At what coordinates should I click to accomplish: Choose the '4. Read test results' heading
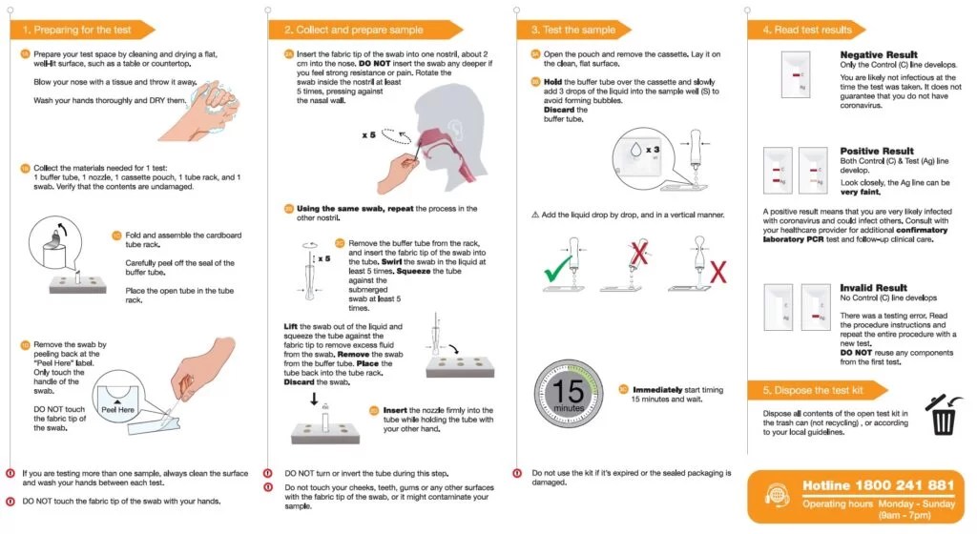[807, 30]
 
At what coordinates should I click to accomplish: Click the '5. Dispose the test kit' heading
[813, 391]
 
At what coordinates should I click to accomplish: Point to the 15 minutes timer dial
[570, 393]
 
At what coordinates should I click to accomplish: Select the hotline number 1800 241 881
[878, 485]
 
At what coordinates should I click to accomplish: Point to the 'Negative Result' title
[878, 55]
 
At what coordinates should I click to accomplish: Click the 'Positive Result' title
[876, 151]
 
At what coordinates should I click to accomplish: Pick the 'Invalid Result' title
[873, 287]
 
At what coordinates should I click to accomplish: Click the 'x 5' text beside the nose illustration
[368, 135]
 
